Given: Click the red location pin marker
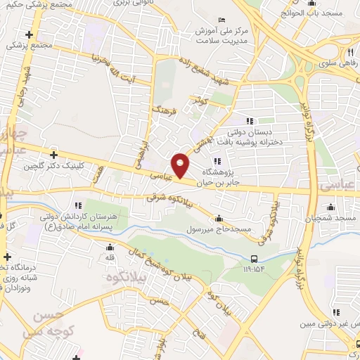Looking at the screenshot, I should (181, 165).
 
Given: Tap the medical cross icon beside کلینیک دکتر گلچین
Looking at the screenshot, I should (53, 154).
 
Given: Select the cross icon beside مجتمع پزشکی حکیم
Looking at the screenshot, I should (29, 34).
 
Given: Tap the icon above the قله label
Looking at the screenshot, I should (110, 247).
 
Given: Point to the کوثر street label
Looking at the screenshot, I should (199, 102).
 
